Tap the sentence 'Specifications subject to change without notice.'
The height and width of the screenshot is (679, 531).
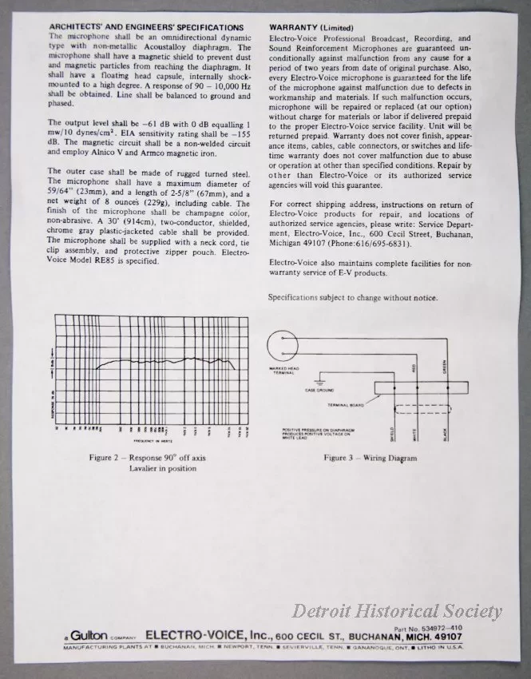click(x=353, y=298)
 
